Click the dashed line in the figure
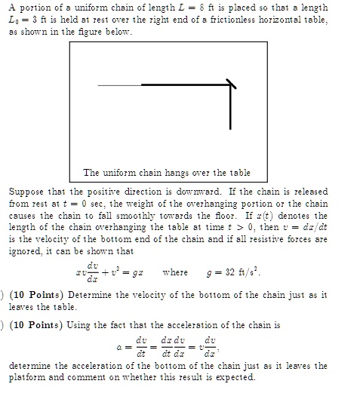[119, 86]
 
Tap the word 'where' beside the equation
[174, 272]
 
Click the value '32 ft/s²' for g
[249, 272]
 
